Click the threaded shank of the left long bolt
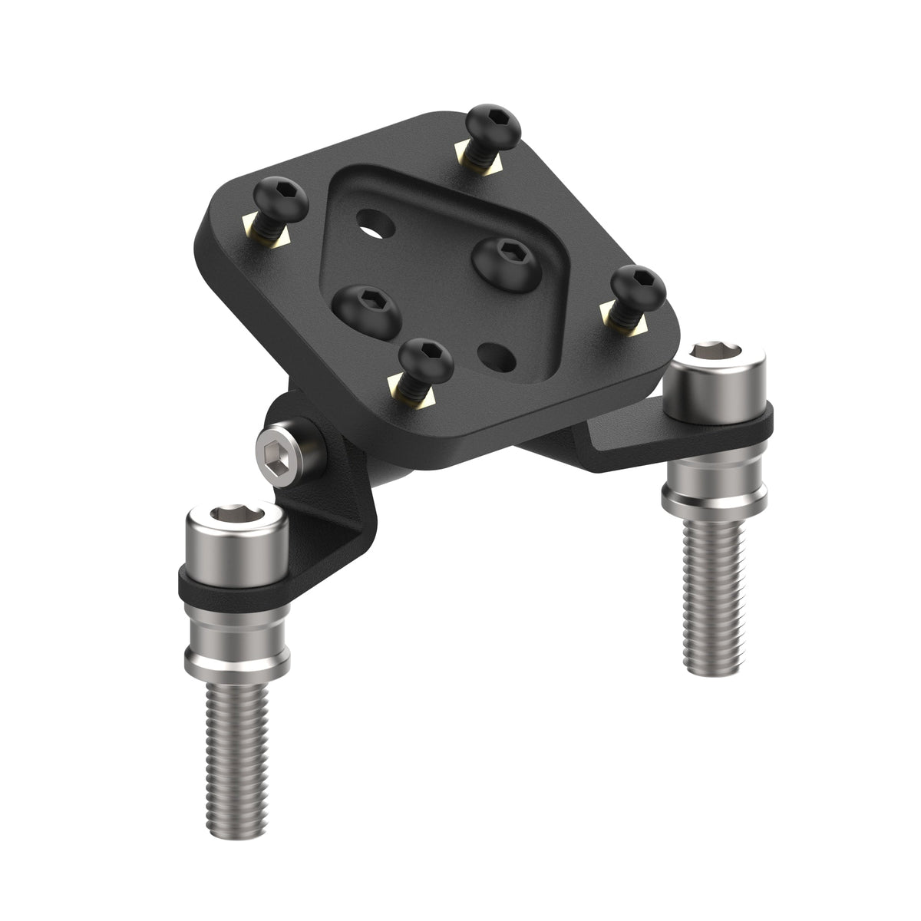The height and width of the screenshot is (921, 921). pyautogui.click(x=237, y=737)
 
